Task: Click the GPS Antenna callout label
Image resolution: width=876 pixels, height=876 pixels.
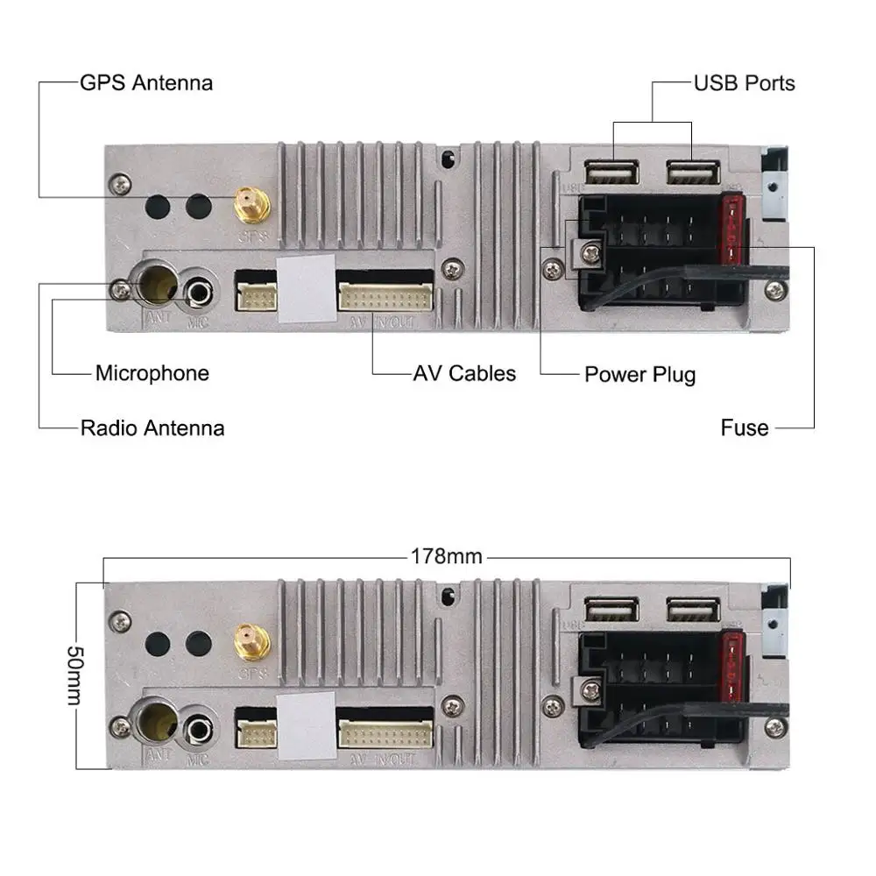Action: pyautogui.click(x=145, y=83)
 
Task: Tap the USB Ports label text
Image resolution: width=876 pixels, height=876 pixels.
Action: pyautogui.click(x=744, y=83)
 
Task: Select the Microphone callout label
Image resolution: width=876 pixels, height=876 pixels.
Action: pyautogui.click(x=152, y=373)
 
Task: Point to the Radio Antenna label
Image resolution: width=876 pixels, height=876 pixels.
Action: pyautogui.click(x=152, y=427)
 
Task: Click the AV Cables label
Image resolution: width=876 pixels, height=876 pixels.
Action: pyautogui.click(x=464, y=373)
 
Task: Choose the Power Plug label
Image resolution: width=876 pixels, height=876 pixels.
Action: pyautogui.click(x=639, y=375)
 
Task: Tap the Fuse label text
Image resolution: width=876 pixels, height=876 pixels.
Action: pyautogui.click(x=745, y=427)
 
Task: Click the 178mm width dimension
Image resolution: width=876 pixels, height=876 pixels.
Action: pyautogui.click(x=447, y=556)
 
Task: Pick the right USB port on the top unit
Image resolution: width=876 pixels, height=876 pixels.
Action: pyautogui.click(x=693, y=173)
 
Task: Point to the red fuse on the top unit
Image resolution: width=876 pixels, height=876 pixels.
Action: pyautogui.click(x=731, y=232)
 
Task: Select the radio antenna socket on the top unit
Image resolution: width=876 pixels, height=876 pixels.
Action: pyautogui.click(x=158, y=285)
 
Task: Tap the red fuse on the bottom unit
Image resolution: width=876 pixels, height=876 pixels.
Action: pyautogui.click(x=731, y=670)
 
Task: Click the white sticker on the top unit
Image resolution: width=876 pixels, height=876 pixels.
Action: pyautogui.click(x=305, y=289)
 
